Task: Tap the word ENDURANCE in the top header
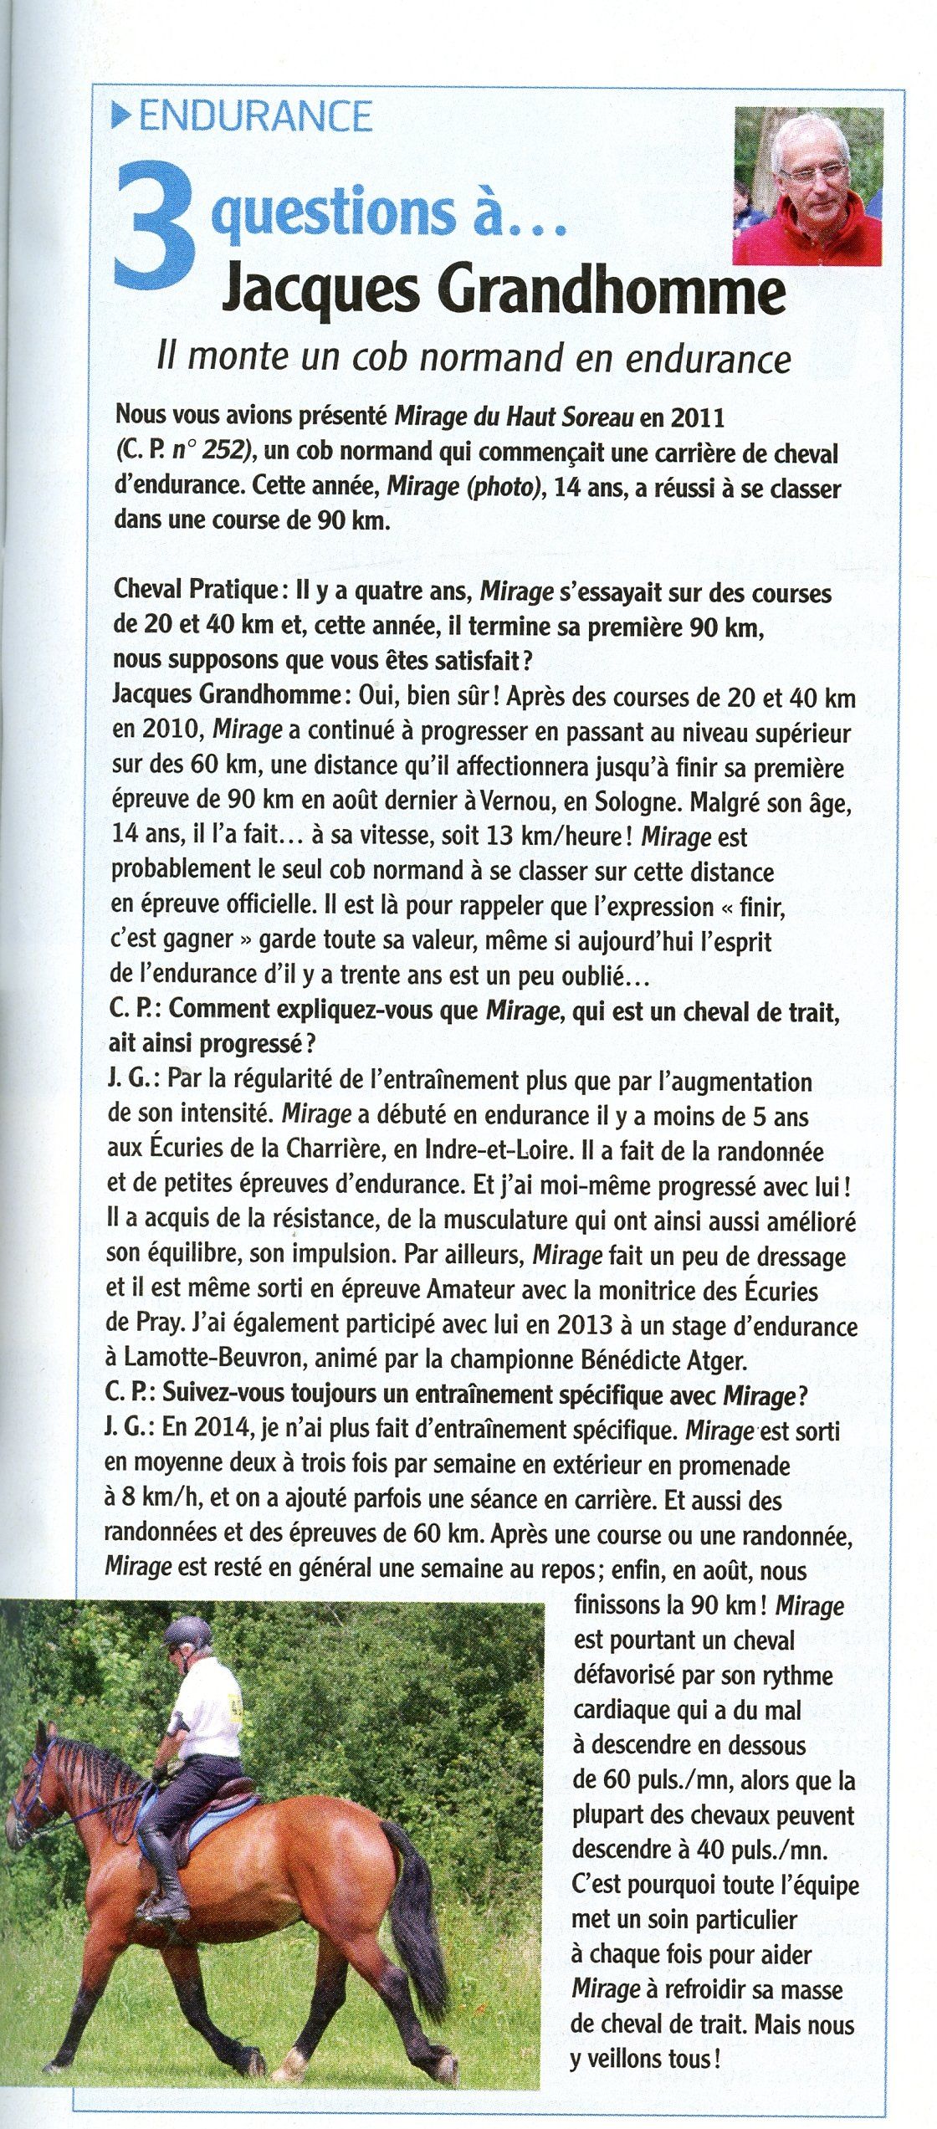coord(255,115)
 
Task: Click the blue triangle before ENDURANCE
coord(123,116)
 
